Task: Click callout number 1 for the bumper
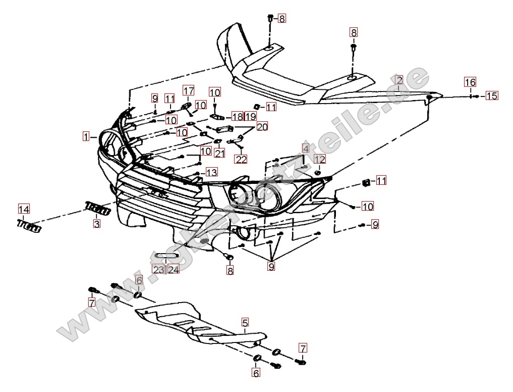pos(87,136)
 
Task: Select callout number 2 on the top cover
pos(399,80)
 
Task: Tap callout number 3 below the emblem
pos(96,222)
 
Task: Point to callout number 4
pos(306,149)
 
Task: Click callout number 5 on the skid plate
pos(245,322)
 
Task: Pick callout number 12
pos(320,159)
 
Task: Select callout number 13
pos(211,172)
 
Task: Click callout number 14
pos(24,209)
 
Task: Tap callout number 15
pos(491,95)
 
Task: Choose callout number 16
pos(470,82)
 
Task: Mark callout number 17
pos(188,90)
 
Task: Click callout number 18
pos(237,117)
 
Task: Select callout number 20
pos(262,126)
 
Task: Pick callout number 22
pos(241,159)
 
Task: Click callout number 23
pos(158,270)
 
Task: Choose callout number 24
pos(174,270)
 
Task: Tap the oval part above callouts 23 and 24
pos(166,256)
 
